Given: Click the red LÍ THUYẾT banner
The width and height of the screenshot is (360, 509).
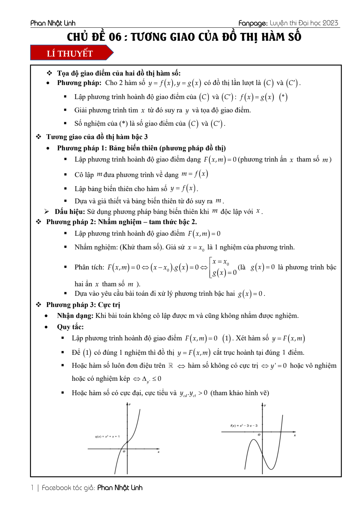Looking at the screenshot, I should pos(70,53).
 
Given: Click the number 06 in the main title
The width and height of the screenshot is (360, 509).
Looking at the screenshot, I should pos(115,37).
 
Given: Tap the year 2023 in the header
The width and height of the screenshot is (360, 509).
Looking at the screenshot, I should pos(330,23).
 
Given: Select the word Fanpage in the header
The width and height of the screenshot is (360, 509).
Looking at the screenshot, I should pos(252,24).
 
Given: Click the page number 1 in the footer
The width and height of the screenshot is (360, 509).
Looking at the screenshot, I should pos(32,488).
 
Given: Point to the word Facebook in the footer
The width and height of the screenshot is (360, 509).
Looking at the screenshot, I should pos(56,488).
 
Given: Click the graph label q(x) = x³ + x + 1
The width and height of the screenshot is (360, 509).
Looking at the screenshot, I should pos(107,437).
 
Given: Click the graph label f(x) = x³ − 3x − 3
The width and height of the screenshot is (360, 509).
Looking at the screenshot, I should pos(244,426).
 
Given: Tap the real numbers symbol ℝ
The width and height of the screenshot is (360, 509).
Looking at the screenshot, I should pos(171,366).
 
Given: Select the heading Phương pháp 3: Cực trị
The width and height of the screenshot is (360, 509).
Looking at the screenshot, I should pos(83,305).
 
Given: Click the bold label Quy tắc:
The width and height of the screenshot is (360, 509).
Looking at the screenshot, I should pos(70,327).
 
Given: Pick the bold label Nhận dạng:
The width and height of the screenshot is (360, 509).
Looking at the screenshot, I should pos(75,315).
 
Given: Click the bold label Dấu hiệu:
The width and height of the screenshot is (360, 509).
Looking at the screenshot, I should pos(70,211).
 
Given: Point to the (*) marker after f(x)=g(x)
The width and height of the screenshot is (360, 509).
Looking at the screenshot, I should pos(283,97).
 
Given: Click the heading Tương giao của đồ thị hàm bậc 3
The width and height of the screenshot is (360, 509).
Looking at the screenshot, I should pos(97,137).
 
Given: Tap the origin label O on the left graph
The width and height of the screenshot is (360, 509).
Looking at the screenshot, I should pos(124,451).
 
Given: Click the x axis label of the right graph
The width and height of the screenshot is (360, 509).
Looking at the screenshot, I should pos(295,435).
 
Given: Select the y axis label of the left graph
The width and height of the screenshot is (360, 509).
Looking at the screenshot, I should pos(130,404).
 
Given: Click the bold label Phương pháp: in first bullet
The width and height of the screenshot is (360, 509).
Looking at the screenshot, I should pos(79,83).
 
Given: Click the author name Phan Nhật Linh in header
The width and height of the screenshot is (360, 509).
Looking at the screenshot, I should pos(53,23).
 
